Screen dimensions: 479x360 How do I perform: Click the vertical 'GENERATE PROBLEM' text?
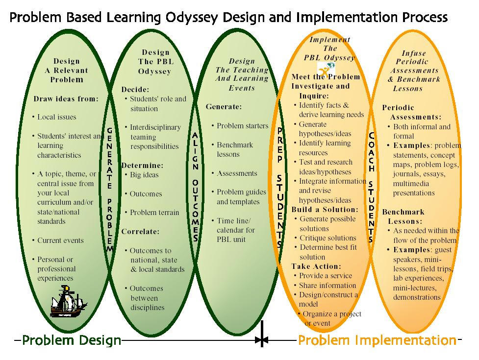[x=109, y=189]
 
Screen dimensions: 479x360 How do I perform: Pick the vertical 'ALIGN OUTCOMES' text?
[x=195, y=187]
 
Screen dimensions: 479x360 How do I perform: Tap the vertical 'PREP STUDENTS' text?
[x=280, y=187]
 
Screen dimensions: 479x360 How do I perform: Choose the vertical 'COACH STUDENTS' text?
[x=371, y=187]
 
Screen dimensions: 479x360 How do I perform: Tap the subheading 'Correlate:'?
[x=140, y=232]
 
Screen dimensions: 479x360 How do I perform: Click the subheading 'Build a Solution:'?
[x=325, y=210]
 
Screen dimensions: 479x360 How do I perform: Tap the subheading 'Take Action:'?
[x=316, y=266]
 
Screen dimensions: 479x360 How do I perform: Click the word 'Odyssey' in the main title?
[x=192, y=18]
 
